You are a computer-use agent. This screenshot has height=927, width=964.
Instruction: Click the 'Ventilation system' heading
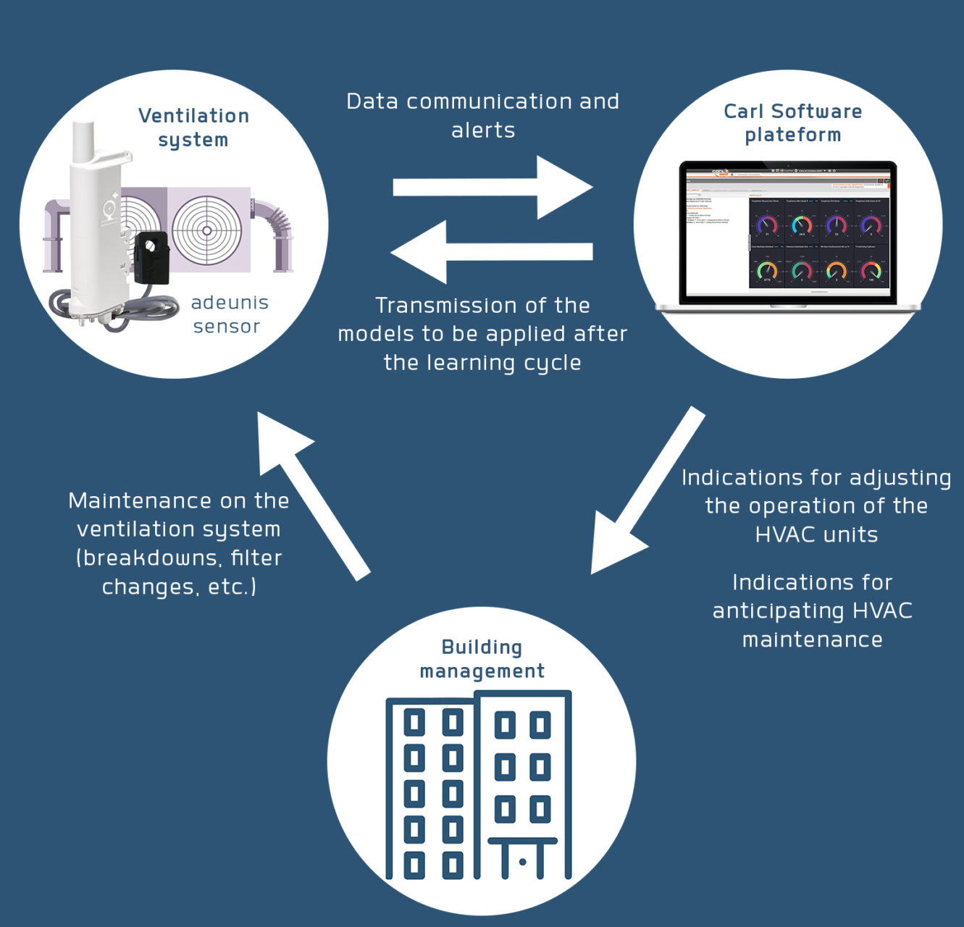(x=193, y=127)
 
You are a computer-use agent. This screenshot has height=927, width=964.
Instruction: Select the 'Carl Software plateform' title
(x=792, y=123)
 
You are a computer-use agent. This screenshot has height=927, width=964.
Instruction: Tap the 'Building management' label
(x=482, y=659)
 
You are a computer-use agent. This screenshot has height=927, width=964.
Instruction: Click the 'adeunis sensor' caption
(x=229, y=314)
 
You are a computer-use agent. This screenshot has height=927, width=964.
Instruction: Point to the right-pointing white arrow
(x=493, y=187)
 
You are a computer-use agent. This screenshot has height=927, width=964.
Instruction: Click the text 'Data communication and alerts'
(x=482, y=115)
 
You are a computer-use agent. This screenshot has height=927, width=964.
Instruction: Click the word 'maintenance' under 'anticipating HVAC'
(x=812, y=639)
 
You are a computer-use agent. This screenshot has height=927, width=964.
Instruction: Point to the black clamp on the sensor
(x=152, y=257)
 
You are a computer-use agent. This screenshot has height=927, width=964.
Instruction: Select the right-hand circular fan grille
(x=207, y=230)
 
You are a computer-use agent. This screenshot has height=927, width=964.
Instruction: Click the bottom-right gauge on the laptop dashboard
(x=871, y=272)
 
